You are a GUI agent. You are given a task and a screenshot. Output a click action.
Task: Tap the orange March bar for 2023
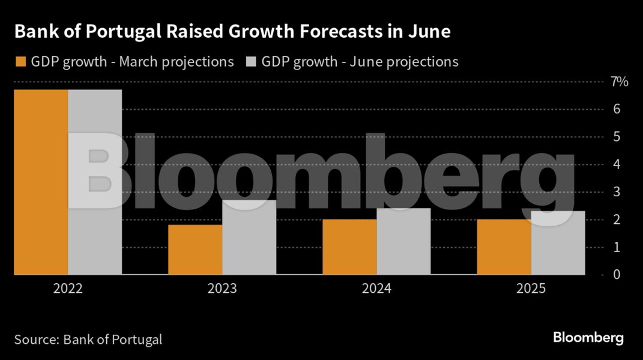pos(195,250)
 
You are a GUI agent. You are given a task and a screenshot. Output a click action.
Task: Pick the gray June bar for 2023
pos(249,237)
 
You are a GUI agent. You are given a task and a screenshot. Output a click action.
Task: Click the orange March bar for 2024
pos(349,247)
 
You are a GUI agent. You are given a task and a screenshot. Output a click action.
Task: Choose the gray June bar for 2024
pos(403,241)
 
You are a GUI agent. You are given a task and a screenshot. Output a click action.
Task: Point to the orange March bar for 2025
pos(504,247)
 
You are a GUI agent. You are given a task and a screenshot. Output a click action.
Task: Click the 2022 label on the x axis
pos(68,289)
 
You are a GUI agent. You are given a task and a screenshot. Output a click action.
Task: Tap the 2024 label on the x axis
pos(376,289)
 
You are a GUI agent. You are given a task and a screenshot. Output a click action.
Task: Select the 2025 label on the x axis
pos(531,289)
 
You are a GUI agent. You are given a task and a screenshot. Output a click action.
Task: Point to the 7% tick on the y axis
pos(620,82)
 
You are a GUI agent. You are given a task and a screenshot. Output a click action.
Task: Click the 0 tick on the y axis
pos(617,275)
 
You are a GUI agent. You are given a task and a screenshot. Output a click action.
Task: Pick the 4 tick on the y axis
pos(617,164)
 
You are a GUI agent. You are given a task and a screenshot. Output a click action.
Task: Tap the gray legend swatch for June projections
pos(250,62)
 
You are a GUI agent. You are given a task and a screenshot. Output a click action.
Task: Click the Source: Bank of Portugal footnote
pos(88,340)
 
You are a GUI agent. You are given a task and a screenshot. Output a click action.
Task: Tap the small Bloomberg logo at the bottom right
pos(588,338)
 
